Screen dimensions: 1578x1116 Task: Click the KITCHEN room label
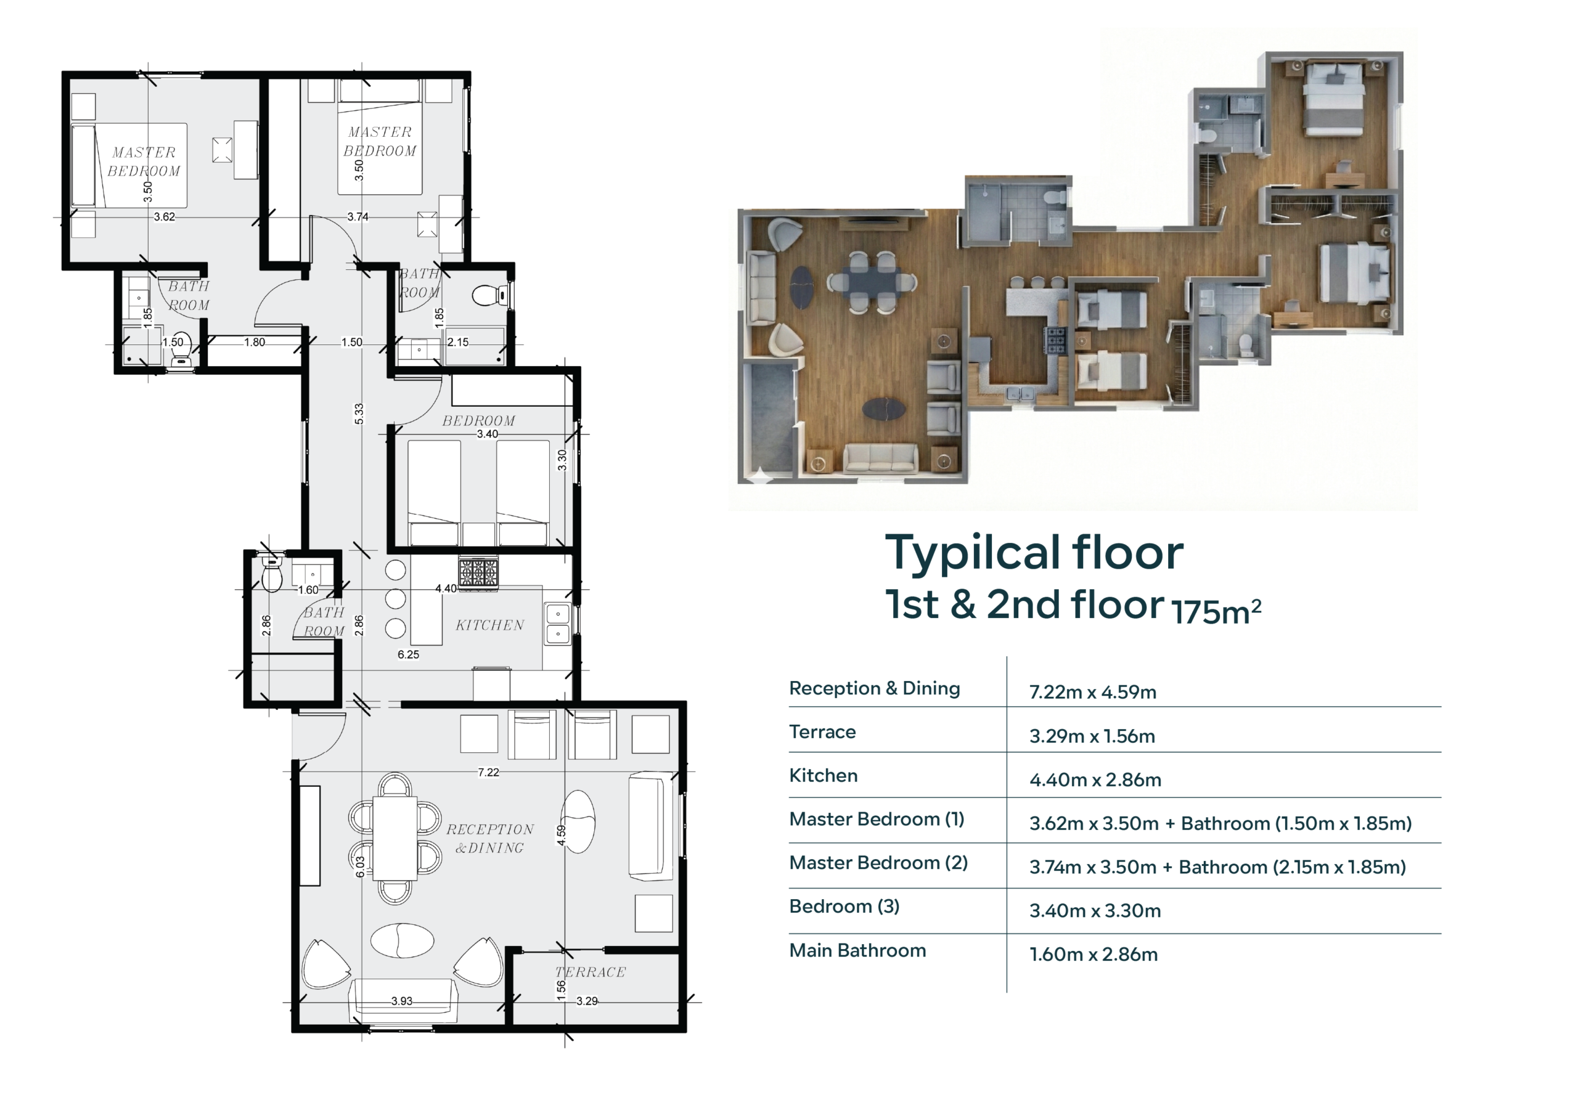coord(489,625)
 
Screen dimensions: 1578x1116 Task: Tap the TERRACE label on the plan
coord(591,972)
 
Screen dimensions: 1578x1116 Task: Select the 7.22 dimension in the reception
coord(489,772)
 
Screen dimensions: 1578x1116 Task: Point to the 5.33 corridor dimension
coord(359,413)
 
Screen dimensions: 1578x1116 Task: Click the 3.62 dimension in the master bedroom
coord(164,217)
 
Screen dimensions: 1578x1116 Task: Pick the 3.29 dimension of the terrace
coord(587,1001)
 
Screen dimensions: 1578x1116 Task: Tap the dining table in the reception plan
coord(394,837)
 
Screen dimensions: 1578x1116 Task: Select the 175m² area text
coord(1217,611)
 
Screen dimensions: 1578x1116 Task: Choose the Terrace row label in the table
coord(822,732)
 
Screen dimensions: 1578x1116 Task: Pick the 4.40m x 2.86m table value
coord(1095,780)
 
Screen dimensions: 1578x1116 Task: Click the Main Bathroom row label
coord(857,950)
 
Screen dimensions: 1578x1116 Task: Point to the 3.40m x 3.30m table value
coord(1095,911)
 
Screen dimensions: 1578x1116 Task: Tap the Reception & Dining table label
coord(874,688)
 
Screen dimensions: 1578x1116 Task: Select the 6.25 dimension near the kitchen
coord(408,655)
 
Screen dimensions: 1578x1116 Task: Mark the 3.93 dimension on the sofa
coord(402,1001)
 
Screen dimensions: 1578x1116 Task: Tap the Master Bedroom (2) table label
coord(878,863)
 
